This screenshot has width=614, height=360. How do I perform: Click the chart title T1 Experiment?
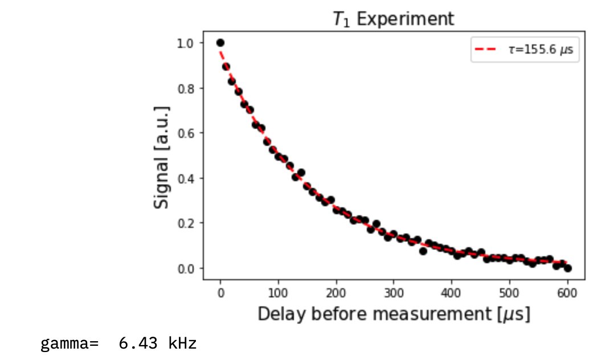click(394, 19)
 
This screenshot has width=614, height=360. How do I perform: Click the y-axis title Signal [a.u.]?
click(162, 156)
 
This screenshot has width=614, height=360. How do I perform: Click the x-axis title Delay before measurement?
click(394, 313)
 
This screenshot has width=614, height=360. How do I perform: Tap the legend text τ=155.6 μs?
click(541, 50)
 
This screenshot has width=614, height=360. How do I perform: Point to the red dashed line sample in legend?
click(485, 50)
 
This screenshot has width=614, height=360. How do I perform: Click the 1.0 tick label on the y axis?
click(186, 43)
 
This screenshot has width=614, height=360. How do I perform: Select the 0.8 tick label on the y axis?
click(186, 88)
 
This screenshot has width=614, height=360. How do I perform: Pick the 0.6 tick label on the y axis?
click(186, 133)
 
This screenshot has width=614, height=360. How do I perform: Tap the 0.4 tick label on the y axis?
click(186, 178)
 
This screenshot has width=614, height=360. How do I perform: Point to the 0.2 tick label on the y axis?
click(186, 223)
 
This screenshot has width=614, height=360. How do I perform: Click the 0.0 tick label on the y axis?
click(186, 268)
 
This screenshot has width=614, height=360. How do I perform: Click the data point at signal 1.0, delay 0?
click(220, 43)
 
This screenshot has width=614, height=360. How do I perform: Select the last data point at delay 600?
click(567, 268)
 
